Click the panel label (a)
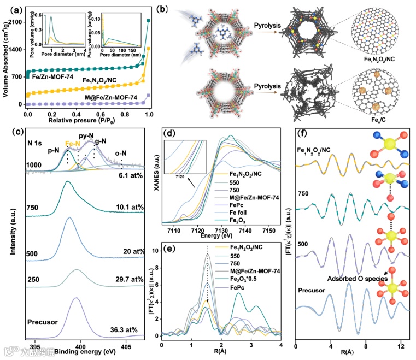point(10,8)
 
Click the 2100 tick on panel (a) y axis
point(15,21)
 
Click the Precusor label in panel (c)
point(42,323)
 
